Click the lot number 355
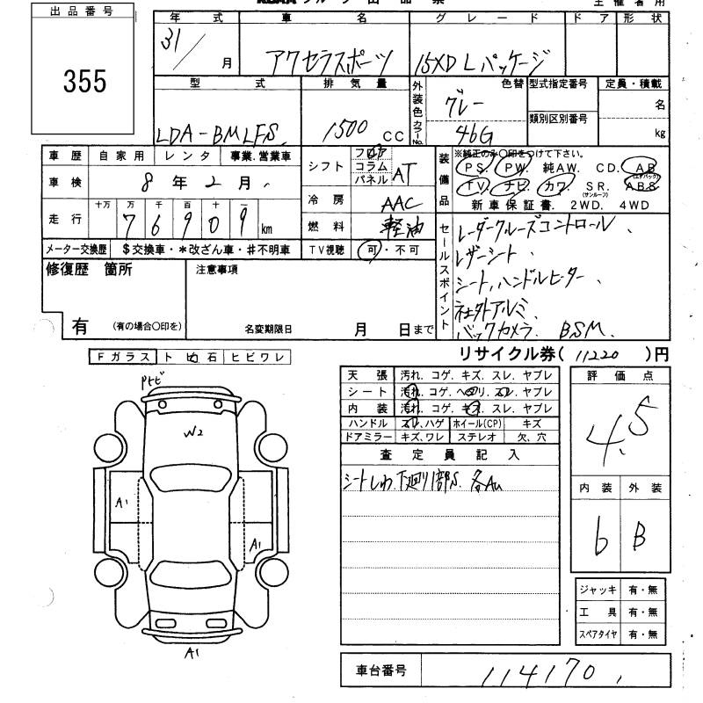(x=84, y=82)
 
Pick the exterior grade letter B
(x=641, y=536)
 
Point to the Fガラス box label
(x=122, y=357)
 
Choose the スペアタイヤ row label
(x=597, y=634)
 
